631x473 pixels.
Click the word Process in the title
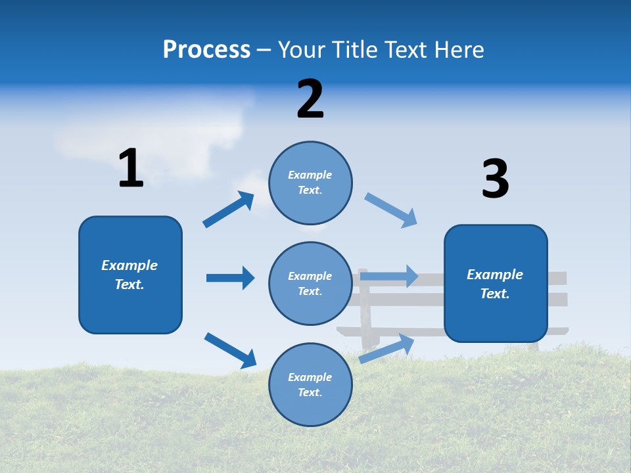pos(206,50)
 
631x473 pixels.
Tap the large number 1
pos(131,168)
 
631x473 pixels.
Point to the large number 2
pos(310,99)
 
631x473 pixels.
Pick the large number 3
pos(495,179)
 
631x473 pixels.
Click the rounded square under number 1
pos(130,275)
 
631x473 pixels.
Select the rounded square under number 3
pos(496,284)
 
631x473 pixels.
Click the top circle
pos(310,183)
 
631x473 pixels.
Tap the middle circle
pos(310,283)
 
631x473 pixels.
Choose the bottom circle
pos(310,384)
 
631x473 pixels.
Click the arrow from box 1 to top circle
pos(229,210)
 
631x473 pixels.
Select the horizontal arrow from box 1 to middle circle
pos(230,278)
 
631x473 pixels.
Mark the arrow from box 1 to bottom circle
pos(230,350)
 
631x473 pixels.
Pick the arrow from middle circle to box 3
pos(389,276)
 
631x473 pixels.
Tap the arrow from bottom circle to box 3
pos(386,348)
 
